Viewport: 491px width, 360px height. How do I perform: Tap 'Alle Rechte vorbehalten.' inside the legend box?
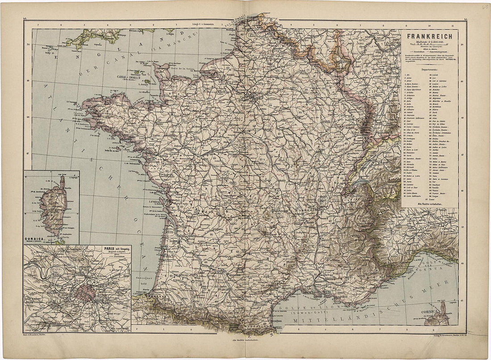coord(430,204)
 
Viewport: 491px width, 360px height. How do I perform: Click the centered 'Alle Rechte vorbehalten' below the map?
coord(246,341)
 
